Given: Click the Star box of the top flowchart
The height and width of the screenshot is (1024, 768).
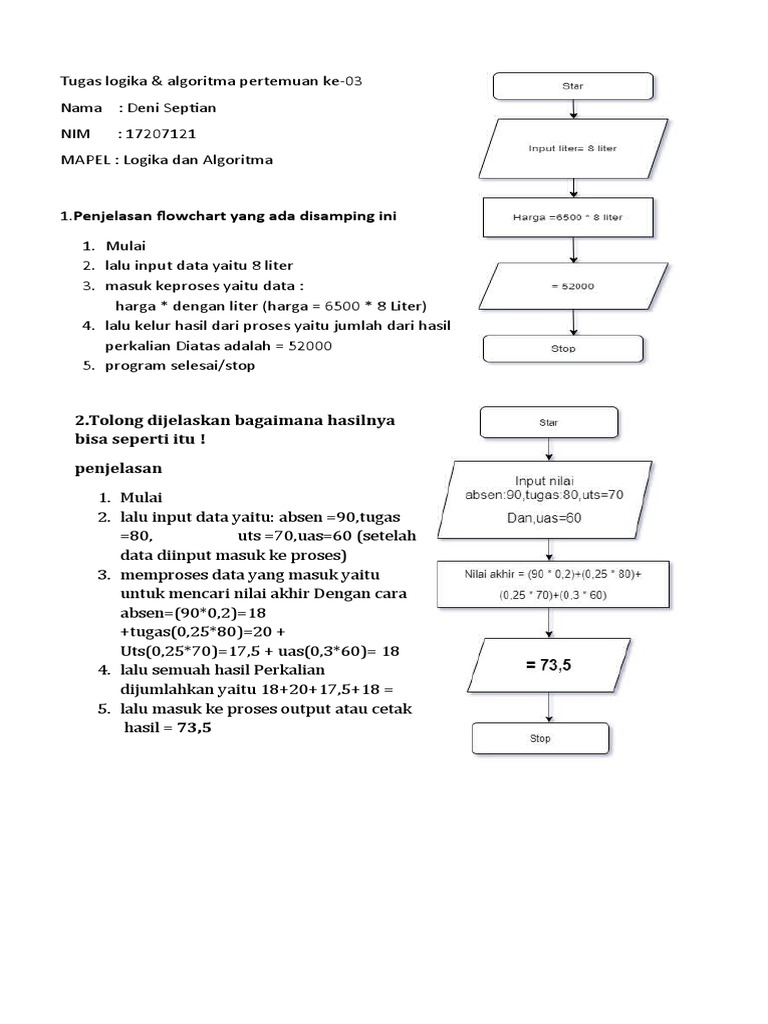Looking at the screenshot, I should [573, 86].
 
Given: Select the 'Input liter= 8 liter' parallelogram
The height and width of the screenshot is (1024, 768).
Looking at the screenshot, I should [572, 148].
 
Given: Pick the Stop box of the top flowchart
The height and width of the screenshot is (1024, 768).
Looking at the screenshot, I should [563, 350].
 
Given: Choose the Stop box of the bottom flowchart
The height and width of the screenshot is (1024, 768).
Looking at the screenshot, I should [540, 738].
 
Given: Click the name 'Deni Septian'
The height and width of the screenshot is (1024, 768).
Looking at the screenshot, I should [173, 107].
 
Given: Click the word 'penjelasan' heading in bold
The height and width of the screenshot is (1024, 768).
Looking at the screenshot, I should [117, 468].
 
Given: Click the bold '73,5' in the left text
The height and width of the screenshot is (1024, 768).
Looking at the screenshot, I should [196, 728].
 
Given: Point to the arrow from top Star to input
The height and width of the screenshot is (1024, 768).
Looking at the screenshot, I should [572, 111].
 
